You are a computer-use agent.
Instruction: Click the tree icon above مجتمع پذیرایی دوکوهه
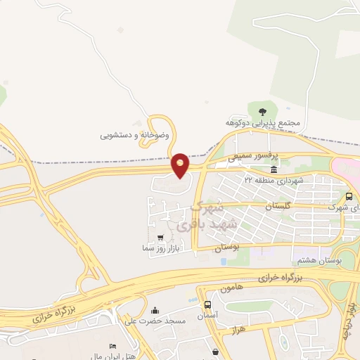pyautogui.click(x=263, y=111)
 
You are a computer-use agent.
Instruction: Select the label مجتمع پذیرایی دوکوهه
pyautogui.click(x=263, y=123)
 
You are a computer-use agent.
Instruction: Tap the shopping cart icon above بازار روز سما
pyautogui.click(x=161, y=238)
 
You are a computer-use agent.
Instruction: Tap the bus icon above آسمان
pyautogui.click(x=207, y=305)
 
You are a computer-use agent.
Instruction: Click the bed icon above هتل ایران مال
pyautogui.click(x=112, y=347)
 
